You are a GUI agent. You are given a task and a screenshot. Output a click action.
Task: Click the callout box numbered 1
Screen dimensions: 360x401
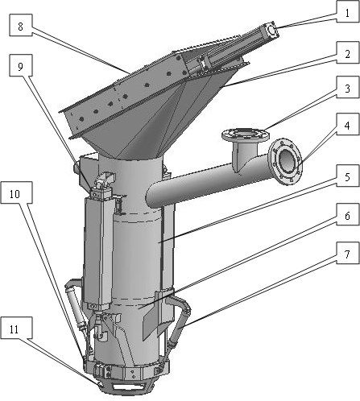click(348, 12)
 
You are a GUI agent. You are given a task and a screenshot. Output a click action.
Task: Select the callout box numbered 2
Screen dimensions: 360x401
click(348, 53)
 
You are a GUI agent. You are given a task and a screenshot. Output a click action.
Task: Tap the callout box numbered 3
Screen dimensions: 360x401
click(348, 88)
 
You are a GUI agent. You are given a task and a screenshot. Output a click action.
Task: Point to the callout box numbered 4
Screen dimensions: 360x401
click(348, 125)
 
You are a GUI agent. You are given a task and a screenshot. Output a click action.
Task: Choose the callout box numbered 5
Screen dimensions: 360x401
click(348, 176)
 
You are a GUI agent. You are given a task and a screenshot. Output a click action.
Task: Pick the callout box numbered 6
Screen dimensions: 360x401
click(348, 215)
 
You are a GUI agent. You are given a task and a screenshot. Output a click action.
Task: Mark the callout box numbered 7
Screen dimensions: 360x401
click(348, 254)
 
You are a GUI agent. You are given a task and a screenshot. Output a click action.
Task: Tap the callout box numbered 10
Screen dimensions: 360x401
click(16, 192)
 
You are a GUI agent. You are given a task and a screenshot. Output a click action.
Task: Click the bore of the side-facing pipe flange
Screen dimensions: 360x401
click(288, 161)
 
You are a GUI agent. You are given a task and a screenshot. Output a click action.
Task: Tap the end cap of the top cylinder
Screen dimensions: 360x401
click(271, 29)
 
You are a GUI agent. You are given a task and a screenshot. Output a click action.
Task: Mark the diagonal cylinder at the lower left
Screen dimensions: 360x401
click(76, 306)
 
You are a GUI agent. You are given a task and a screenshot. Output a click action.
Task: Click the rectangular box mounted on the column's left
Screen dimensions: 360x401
click(97, 251)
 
